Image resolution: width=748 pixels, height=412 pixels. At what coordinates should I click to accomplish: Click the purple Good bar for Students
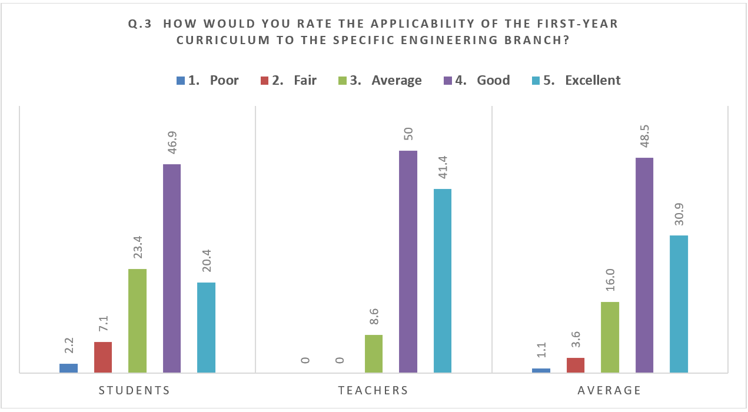172,268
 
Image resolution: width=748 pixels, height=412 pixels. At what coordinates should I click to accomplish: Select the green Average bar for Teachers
374,354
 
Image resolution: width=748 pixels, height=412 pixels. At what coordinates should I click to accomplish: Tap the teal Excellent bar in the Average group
679,304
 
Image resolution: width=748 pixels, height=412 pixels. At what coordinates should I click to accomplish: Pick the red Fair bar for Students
103,357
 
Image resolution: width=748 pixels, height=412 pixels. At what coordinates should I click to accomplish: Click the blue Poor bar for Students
68,368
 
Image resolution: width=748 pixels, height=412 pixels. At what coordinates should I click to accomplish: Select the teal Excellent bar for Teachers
443,281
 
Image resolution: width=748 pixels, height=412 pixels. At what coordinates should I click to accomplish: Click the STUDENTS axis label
134,390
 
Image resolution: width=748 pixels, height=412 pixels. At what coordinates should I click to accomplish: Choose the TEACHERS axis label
373,390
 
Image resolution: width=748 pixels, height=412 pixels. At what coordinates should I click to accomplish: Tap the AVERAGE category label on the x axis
609,390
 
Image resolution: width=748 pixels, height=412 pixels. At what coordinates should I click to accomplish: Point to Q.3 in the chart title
139,24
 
